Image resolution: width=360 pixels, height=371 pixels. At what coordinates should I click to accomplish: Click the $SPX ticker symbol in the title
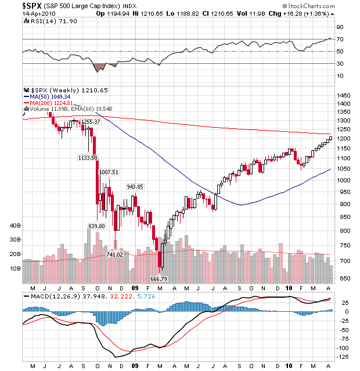[x=32, y=5]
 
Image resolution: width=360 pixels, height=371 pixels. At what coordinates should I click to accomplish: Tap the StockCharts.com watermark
[x=309, y=6]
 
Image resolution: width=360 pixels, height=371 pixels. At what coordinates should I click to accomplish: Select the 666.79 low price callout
[x=159, y=279]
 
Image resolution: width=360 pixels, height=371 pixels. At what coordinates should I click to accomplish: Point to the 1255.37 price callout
[x=91, y=121]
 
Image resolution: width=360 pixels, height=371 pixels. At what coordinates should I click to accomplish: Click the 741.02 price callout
[x=114, y=254]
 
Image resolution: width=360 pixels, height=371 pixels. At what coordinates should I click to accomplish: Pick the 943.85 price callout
[x=135, y=187]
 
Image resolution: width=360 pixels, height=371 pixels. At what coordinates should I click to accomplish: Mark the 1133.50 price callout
[x=88, y=157]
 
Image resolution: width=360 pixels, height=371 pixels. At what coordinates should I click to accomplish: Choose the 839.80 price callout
[x=96, y=226]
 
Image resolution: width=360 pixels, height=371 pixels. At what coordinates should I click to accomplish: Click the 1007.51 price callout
[x=109, y=172]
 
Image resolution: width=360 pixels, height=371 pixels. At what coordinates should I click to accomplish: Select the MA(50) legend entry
[x=47, y=97]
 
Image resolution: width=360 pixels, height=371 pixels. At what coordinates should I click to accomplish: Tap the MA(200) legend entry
[x=48, y=103]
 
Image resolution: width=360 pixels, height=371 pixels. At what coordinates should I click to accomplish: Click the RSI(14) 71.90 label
[x=51, y=21]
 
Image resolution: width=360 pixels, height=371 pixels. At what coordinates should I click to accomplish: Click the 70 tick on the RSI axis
[x=340, y=39]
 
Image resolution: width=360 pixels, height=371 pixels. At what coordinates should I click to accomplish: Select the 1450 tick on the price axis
[x=344, y=96]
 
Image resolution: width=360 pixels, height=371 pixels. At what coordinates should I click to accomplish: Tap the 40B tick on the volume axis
[x=15, y=225]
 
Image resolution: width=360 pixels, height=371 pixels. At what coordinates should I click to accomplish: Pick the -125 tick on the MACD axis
[x=343, y=356]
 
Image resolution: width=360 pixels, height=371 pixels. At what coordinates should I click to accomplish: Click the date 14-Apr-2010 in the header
[x=39, y=13]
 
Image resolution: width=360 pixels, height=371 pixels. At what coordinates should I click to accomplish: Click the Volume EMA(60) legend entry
[x=68, y=109]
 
